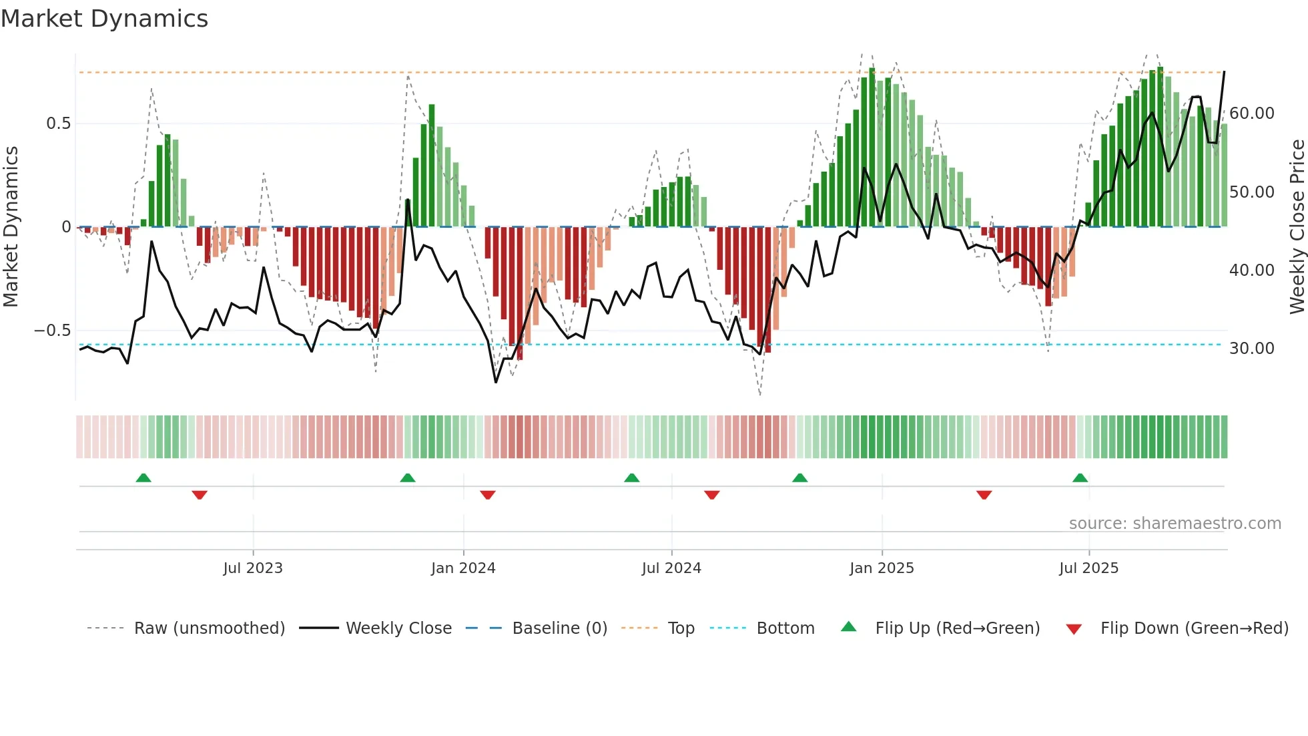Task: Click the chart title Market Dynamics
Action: pyautogui.click(x=104, y=19)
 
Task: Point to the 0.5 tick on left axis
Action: pyautogui.click(x=58, y=124)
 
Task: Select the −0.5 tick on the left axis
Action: pyautogui.click(x=52, y=331)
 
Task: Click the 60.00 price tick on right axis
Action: pyautogui.click(x=1251, y=114)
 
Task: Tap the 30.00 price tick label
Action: pyautogui.click(x=1251, y=349)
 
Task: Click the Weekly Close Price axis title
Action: pyautogui.click(x=1297, y=227)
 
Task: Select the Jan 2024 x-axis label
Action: pyautogui.click(x=463, y=568)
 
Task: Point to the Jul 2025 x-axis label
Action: pyautogui.click(x=1088, y=568)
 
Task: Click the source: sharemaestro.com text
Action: pyautogui.click(x=1175, y=524)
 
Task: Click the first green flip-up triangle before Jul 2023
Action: pyautogui.click(x=143, y=478)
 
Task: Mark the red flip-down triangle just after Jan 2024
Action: pyautogui.click(x=488, y=495)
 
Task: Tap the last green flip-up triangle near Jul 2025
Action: pyautogui.click(x=1080, y=478)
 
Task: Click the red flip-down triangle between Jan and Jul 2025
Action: pyautogui.click(x=984, y=495)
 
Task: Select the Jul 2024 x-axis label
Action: pyautogui.click(x=671, y=568)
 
